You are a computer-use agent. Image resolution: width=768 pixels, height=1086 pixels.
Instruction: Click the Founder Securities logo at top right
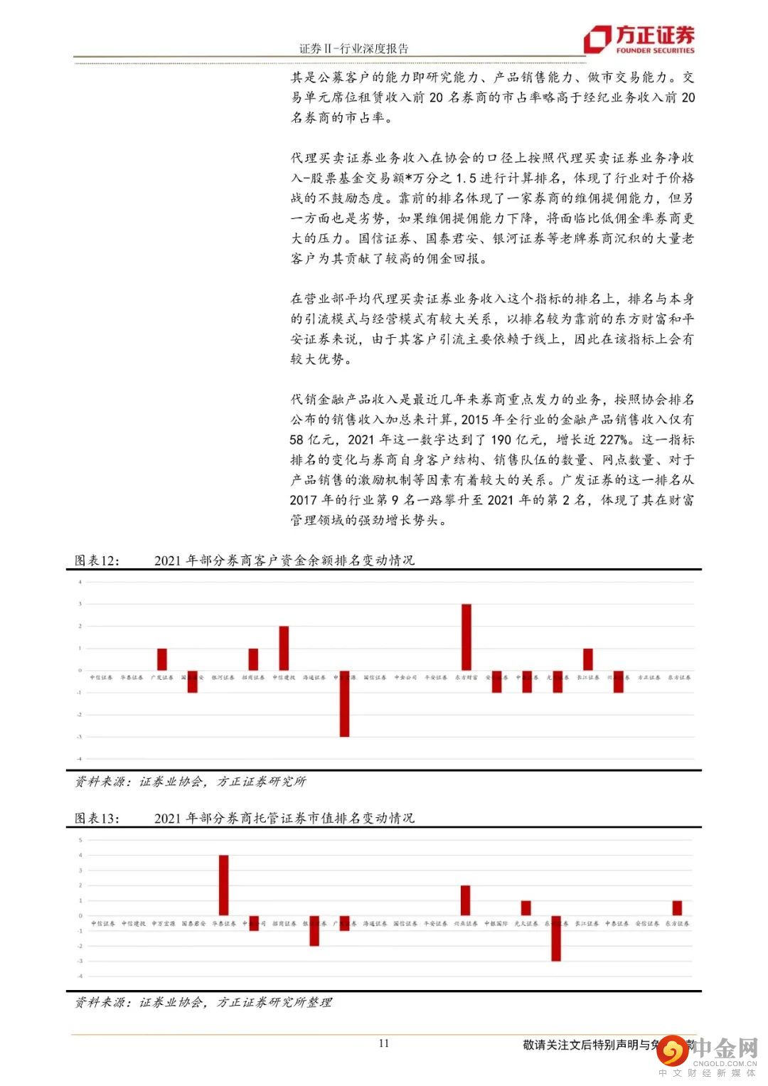tap(638, 40)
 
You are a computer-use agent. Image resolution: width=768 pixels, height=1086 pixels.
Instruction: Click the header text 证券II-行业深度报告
tap(353, 48)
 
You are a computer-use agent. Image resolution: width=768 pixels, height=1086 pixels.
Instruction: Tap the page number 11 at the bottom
tap(384, 1043)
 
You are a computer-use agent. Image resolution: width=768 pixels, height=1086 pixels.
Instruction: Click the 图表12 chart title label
tap(97, 560)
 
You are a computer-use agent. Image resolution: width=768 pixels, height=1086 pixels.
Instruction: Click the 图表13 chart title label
tap(97, 818)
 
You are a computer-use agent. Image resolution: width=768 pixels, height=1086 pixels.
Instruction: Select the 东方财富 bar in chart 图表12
tap(466, 637)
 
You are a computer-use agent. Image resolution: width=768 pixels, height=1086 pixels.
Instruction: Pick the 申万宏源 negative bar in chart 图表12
tap(344, 703)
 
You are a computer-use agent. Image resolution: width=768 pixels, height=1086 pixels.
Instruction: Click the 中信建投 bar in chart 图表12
tap(284, 649)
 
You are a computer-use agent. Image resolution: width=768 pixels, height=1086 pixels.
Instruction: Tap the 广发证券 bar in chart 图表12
tap(162, 659)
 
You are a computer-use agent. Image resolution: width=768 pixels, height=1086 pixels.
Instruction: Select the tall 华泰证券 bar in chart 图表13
tap(223, 885)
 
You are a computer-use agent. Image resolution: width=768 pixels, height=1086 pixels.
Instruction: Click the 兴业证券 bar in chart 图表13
tap(466, 900)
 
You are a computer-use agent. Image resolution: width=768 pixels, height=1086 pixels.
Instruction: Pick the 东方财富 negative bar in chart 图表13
tap(556, 938)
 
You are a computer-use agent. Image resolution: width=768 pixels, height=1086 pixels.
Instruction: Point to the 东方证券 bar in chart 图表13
tap(677, 908)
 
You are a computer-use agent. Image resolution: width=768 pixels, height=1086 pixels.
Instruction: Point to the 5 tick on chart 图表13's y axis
tap(81, 840)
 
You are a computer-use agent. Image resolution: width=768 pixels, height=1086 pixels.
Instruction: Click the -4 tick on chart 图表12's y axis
tap(80, 759)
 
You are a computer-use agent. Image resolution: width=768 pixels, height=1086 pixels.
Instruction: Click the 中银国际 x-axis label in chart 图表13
tap(496, 923)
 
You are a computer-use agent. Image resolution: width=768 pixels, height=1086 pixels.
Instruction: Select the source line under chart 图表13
tap(203, 1002)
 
